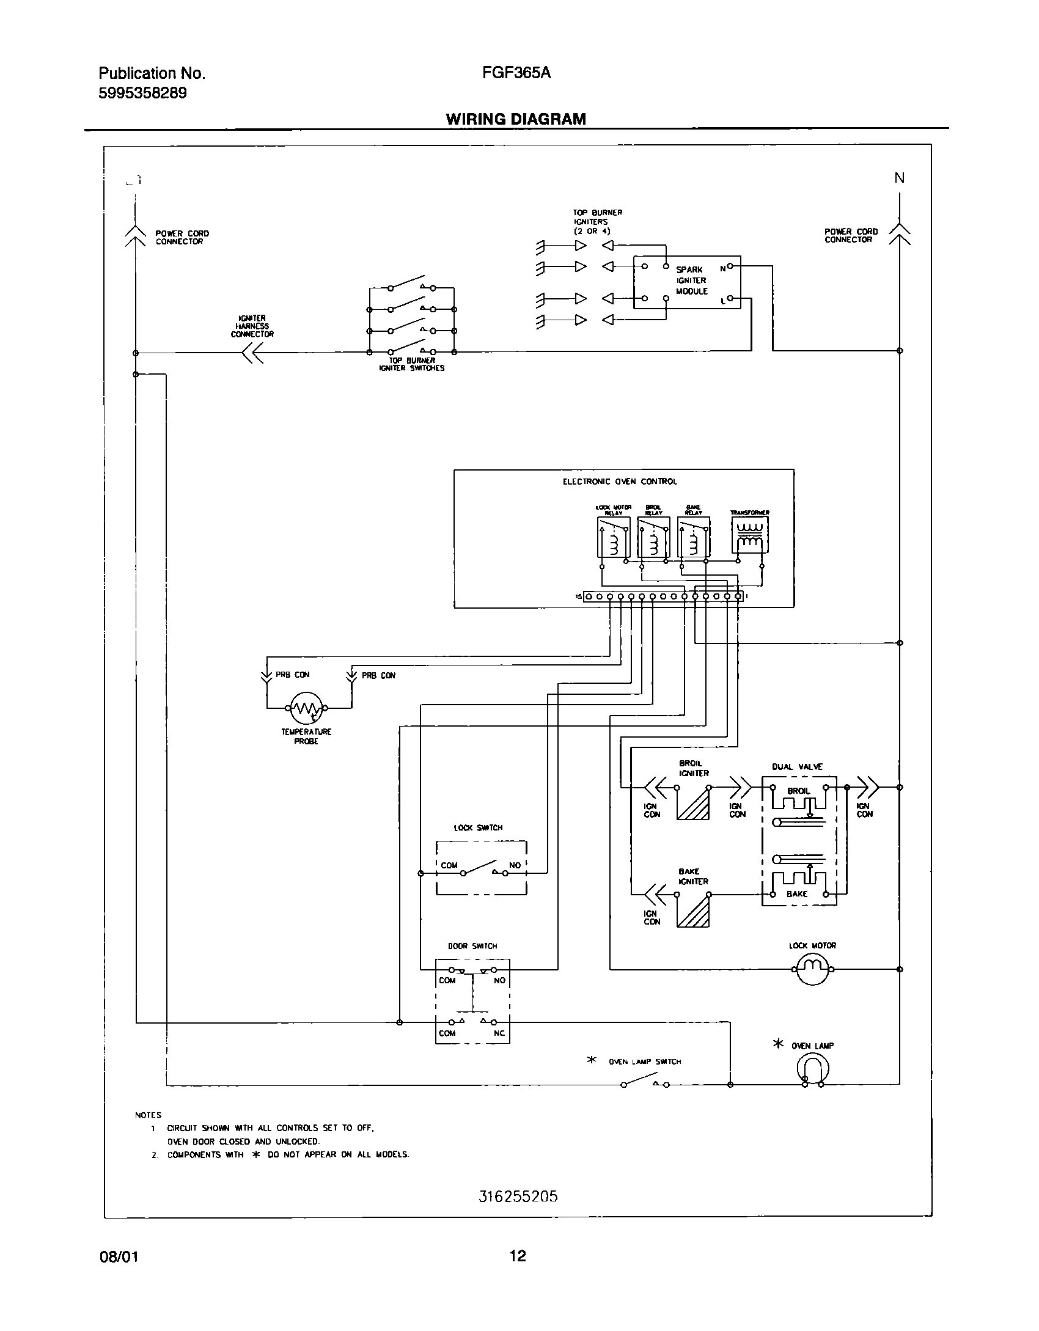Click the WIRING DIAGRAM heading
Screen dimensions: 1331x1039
tap(516, 119)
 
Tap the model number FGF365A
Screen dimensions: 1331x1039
tap(516, 73)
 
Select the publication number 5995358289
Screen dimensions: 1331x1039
tap(142, 94)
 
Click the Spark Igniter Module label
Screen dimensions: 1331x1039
tap(691, 280)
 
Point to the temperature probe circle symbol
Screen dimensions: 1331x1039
tap(306, 708)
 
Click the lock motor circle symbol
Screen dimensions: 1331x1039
tap(812, 969)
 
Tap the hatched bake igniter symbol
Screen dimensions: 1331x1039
tap(693, 911)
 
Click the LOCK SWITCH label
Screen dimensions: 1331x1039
tap(478, 827)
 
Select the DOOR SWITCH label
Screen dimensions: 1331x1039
tap(472, 946)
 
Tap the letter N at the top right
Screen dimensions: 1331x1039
tap(899, 178)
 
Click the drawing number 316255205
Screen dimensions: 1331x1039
tap(518, 1213)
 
